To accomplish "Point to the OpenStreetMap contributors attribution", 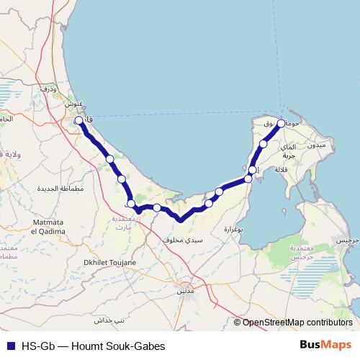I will [297, 323].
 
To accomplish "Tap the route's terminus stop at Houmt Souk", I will [282, 123].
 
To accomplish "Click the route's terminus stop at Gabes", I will [78, 121].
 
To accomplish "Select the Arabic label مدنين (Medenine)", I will [185, 292].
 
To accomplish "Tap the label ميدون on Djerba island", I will [317, 145].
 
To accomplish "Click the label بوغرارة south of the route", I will [235, 229].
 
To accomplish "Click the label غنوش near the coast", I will [74, 103].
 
